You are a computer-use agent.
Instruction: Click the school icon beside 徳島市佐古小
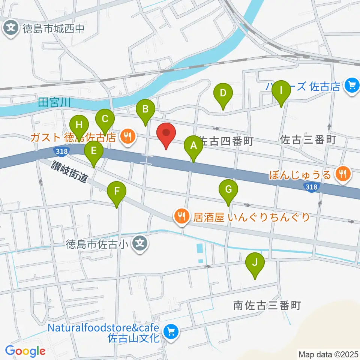click(140, 244)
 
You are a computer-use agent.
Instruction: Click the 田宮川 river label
click(54, 102)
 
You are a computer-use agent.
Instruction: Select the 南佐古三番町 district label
click(267, 306)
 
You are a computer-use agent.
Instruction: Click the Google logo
click(25, 351)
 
